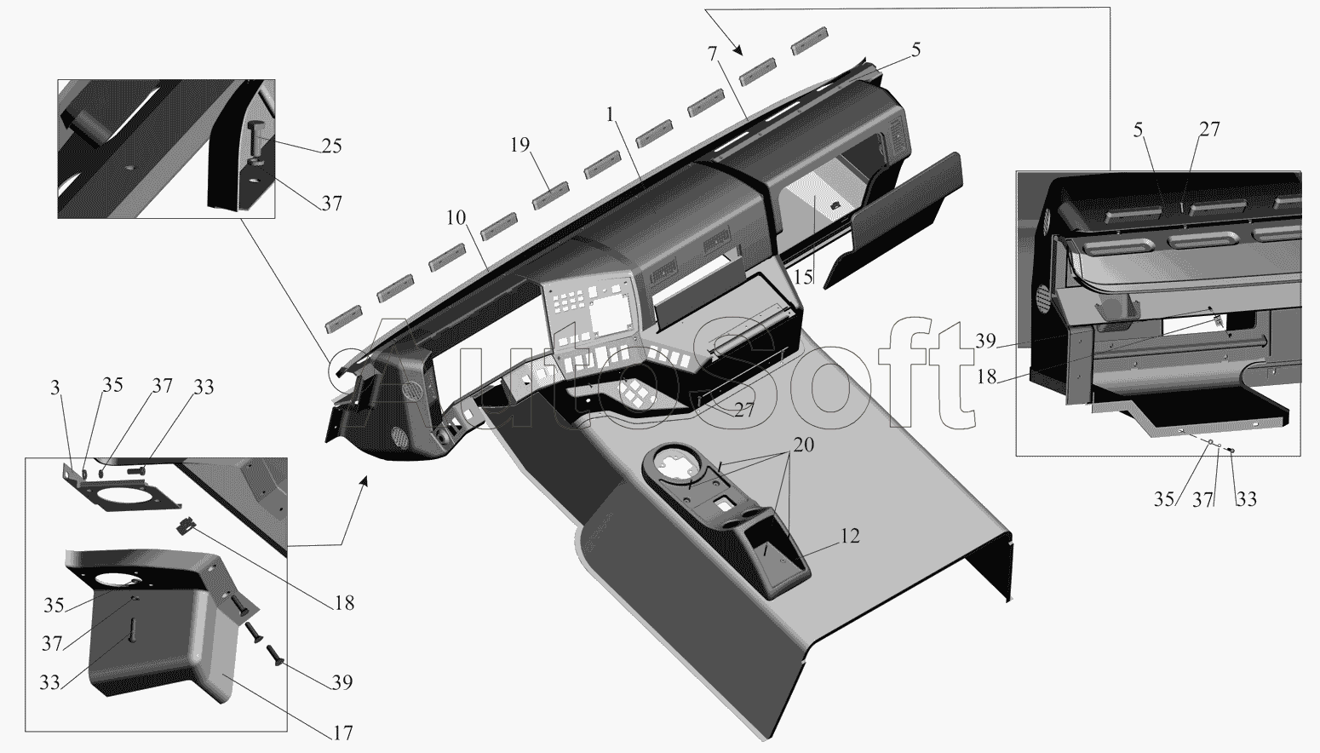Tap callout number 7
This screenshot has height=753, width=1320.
coord(713,55)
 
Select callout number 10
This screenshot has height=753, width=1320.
coord(456,218)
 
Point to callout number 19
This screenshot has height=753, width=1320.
coord(519,145)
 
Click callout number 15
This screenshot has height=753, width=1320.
coord(803,277)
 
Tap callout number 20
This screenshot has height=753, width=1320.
coord(804,445)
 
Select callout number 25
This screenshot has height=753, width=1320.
coord(332,146)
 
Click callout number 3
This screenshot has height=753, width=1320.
coord(55,388)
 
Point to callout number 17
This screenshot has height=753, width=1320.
coord(343,733)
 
